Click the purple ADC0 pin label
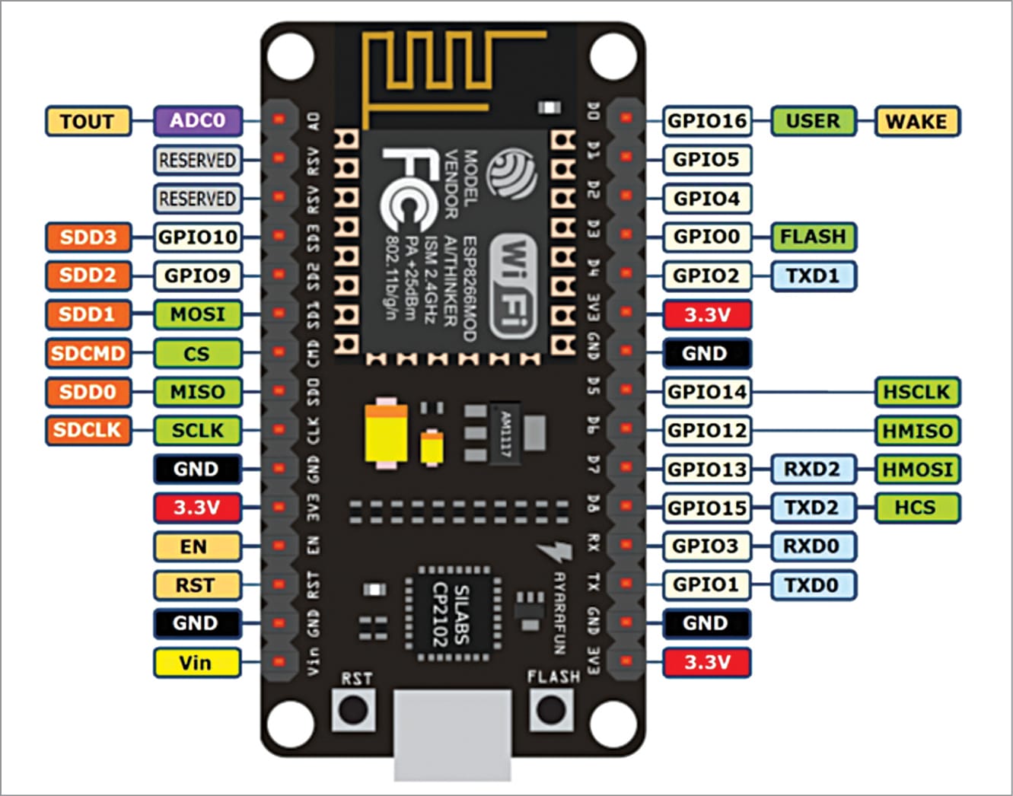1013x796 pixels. [x=198, y=121]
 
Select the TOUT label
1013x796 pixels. [x=88, y=122]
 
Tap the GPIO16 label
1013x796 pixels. [x=707, y=121]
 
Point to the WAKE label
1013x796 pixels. [x=916, y=122]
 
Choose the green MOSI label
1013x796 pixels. [x=198, y=314]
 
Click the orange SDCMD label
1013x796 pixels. [x=88, y=353]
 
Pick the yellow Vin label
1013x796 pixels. [x=196, y=663]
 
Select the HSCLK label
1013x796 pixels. [x=916, y=392]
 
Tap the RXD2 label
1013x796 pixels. [x=812, y=470]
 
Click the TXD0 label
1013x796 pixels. [x=812, y=585]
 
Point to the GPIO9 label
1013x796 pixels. [x=198, y=275]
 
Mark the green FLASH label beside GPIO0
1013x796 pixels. [x=813, y=237]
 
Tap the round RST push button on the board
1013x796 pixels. [x=352, y=710]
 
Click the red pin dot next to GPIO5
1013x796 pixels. [x=626, y=157]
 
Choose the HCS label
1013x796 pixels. [x=916, y=508]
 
